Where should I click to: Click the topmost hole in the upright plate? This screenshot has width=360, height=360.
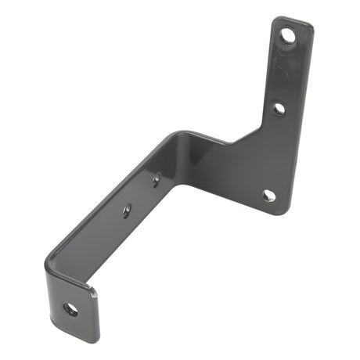click(x=289, y=35)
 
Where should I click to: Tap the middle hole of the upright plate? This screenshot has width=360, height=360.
click(x=279, y=109)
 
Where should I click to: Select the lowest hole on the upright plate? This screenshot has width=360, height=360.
click(x=268, y=195)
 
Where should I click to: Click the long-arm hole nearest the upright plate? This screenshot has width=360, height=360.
click(x=157, y=179)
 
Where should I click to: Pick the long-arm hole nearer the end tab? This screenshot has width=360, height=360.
click(x=127, y=210)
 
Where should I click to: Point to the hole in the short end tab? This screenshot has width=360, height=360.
click(x=70, y=309)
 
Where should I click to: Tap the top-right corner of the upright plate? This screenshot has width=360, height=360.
click(x=311, y=27)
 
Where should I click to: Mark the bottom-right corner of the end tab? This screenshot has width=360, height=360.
click(x=95, y=338)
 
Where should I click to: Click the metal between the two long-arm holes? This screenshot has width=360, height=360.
click(x=142, y=195)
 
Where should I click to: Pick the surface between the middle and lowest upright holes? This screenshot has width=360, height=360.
click(x=274, y=153)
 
